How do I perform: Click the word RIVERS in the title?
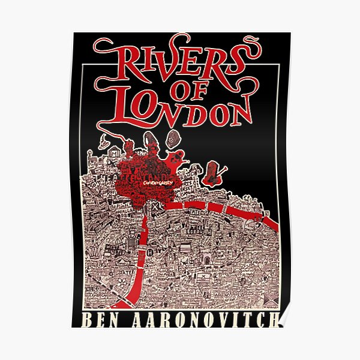tap(180, 59)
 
